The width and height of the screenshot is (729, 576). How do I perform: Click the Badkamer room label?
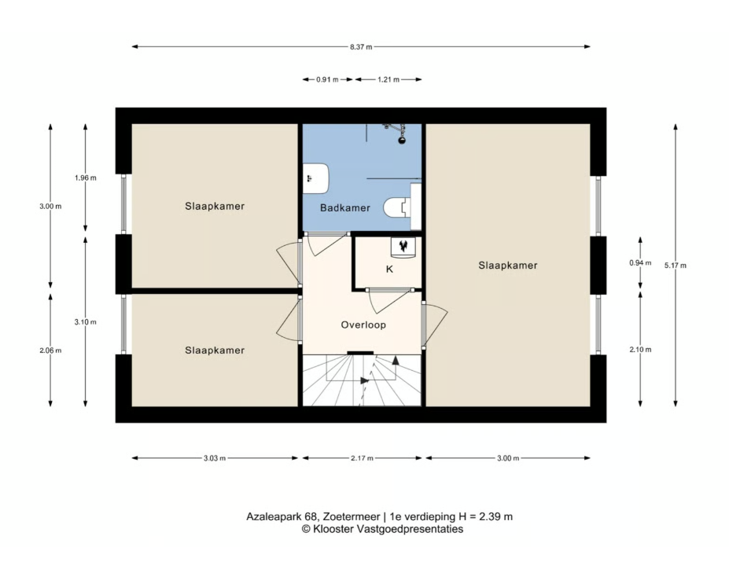pos(345,208)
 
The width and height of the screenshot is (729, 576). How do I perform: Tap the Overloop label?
pos(363,325)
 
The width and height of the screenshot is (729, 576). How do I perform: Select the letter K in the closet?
pos(389,269)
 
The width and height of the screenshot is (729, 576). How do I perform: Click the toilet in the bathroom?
pos(397,207)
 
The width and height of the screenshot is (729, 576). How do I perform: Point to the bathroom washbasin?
pos(316,178)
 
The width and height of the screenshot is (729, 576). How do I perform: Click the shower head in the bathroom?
pos(402,139)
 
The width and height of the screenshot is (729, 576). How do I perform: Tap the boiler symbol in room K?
pos(403,247)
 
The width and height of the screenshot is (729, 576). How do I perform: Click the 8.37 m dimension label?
pos(361,47)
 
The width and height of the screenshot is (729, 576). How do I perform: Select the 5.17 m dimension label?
pos(675,266)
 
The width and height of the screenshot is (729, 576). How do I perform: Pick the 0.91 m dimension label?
pos(327,79)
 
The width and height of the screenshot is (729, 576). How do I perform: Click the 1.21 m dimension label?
pos(388,79)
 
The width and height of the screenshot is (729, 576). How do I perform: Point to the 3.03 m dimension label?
pos(215,458)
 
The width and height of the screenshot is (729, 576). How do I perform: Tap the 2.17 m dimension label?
pos(363,458)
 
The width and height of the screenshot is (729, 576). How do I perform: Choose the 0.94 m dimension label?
pos(640,263)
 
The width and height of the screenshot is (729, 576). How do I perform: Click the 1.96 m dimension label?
pos(86,178)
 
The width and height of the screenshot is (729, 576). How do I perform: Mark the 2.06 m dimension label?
pos(50,350)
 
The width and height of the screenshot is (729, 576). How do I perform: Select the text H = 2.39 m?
pos(485,516)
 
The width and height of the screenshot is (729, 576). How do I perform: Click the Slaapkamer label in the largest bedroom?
pos(508,266)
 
